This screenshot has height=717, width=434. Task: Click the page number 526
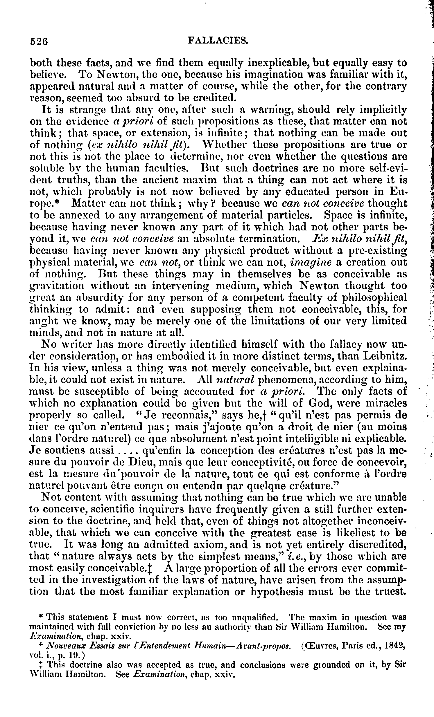[39, 41]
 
